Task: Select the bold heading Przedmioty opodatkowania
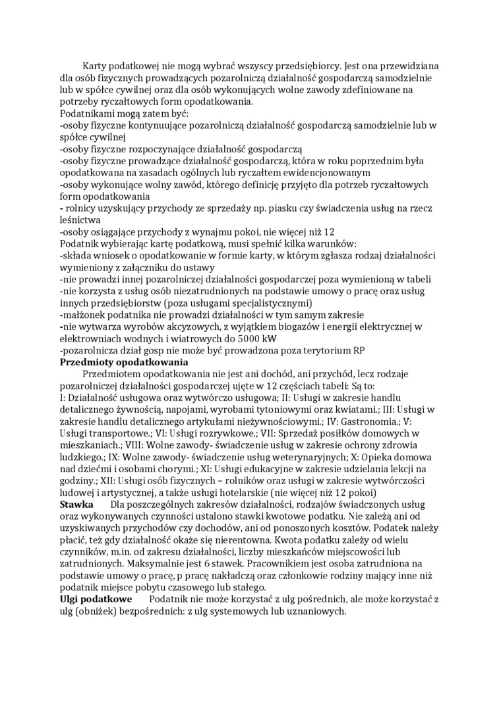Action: coord(124,362)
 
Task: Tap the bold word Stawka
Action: coord(77,505)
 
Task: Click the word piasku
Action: coord(295,209)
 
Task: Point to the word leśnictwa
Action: coord(80,221)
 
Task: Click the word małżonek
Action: coord(84,315)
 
